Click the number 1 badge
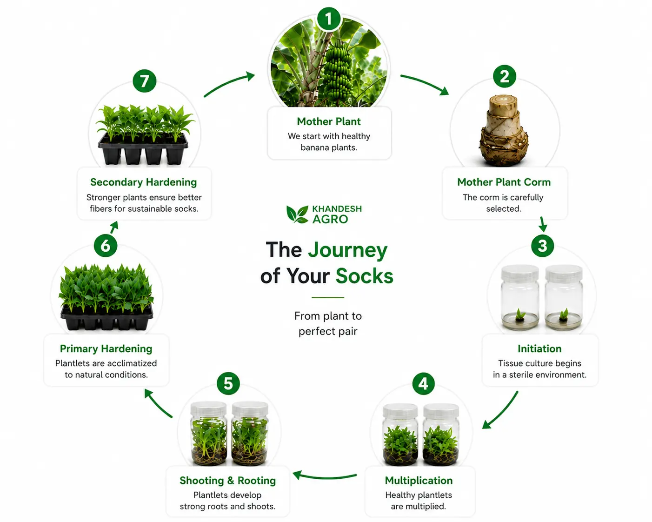pyautogui.click(x=329, y=19)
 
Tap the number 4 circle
pyautogui.click(x=424, y=383)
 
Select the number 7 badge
pyautogui.click(x=145, y=81)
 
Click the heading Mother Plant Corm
pyautogui.click(x=504, y=182)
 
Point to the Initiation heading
pyautogui.click(x=539, y=348)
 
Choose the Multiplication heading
pyautogui.click(x=419, y=481)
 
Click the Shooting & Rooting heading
pyautogui.click(x=227, y=481)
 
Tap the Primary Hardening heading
pyautogui.click(x=106, y=348)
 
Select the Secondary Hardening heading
pyautogui.click(x=144, y=182)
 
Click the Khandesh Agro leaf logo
pyautogui.click(x=297, y=214)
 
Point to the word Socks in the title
pyautogui.click(x=365, y=276)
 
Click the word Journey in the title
pyautogui.click(x=348, y=251)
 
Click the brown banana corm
pyautogui.click(x=504, y=131)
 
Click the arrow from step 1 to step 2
pyautogui.click(x=426, y=82)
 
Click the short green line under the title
pyautogui.click(x=328, y=297)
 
